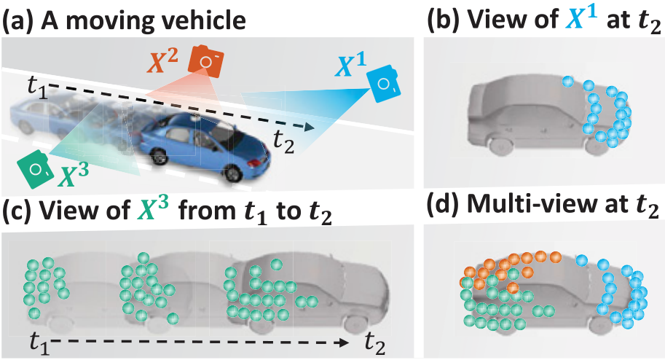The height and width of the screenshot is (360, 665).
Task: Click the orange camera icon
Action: [207, 60]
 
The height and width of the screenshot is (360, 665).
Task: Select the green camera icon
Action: [35, 166]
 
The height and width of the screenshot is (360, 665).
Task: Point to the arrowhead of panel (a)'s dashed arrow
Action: [311, 128]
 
